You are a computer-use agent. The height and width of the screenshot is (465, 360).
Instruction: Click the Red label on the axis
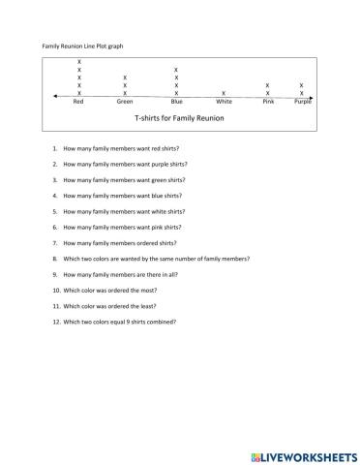pyautogui.click(x=79, y=101)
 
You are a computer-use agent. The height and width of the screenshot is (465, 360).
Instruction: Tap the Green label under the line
pyautogui.click(x=125, y=101)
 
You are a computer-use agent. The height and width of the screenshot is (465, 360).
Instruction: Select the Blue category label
pyautogui.click(x=176, y=101)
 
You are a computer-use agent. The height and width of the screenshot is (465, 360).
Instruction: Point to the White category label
pyautogui.click(x=224, y=101)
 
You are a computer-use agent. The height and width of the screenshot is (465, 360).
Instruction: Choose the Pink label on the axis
pyautogui.click(x=268, y=101)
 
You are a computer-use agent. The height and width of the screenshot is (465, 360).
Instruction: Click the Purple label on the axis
pyautogui.click(x=302, y=101)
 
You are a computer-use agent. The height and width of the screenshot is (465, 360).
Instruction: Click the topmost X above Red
pyautogui.click(x=79, y=62)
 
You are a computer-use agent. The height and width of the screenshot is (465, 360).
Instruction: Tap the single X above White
pyautogui.click(x=224, y=93)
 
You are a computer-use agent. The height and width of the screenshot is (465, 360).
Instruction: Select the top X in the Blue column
pyautogui.click(x=175, y=70)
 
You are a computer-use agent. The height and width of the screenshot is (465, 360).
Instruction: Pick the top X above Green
pyautogui.click(x=125, y=77)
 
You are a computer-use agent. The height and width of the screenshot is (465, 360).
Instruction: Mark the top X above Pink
pyautogui.click(x=268, y=85)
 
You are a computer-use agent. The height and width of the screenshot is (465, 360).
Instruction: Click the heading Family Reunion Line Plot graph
pyautogui.click(x=83, y=46)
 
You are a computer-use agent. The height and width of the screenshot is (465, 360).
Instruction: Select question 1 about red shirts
pyautogui.click(x=121, y=148)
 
